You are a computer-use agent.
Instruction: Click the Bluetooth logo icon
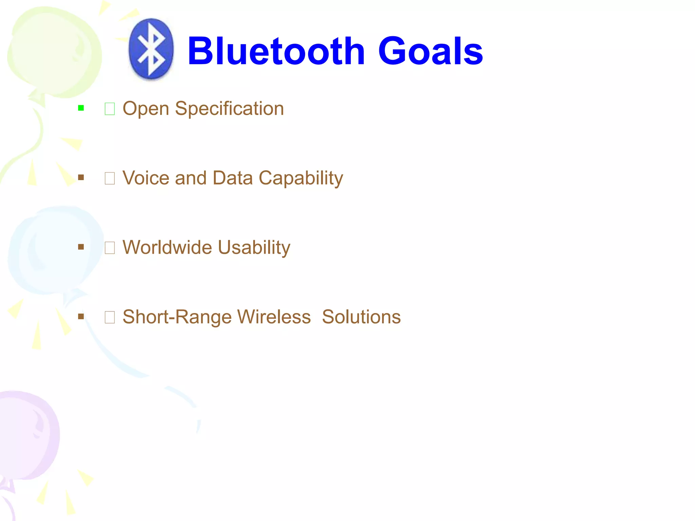151,49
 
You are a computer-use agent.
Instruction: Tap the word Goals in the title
430,51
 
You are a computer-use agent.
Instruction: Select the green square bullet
81,108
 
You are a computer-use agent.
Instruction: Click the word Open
146,109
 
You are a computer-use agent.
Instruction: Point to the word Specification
229,109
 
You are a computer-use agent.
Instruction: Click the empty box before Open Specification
110,109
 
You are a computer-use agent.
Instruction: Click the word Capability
301,178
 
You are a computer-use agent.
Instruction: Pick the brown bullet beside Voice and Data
81,177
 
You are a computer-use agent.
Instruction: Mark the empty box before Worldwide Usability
110,248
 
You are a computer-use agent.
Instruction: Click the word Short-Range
177,317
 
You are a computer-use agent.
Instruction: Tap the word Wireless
274,317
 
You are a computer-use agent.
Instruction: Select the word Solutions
361,317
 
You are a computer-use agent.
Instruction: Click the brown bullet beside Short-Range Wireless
81,316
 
